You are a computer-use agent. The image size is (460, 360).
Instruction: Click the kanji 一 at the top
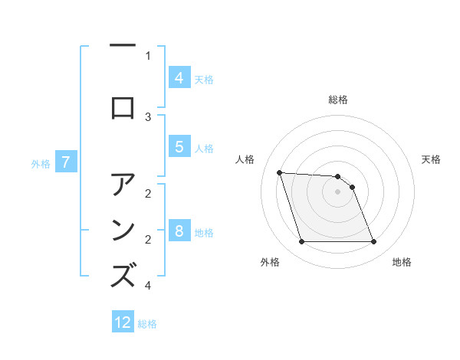click(x=123, y=47)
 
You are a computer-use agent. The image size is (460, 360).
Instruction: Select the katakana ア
click(x=123, y=185)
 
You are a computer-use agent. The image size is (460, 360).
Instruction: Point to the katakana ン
click(x=123, y=231)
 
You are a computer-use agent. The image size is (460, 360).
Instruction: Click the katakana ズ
click(x=123, y=276)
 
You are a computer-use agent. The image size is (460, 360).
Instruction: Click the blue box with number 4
click(x=179, y=78)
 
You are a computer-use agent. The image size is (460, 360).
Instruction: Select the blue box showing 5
click(x=179, y=148)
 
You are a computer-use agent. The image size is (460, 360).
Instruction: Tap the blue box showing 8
click(x=179, y=231)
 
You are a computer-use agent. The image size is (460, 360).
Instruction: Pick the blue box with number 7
click(x=66, y=162)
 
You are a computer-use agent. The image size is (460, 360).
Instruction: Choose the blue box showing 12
click(x=123, y=322)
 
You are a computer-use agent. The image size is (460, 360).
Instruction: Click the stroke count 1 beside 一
click(x=148, y=55)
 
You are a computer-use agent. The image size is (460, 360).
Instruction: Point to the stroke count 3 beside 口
click(x=148, y=117)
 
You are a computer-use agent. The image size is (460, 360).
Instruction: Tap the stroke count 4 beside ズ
click(x=148, y=286)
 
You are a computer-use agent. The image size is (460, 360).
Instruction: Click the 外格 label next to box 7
click(x=41, y=163)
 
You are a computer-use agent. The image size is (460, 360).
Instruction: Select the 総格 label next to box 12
click(x=147, y=324)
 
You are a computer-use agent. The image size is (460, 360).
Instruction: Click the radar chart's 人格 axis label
click(x=246, y=159)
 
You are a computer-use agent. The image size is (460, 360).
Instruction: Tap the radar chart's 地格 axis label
click(x=402, y=262)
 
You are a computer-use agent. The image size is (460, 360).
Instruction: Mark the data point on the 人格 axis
click(x=279, y=172)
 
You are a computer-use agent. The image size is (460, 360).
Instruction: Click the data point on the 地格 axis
click(x=373, y=242)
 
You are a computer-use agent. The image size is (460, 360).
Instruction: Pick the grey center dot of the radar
click(x=337, y=191)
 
